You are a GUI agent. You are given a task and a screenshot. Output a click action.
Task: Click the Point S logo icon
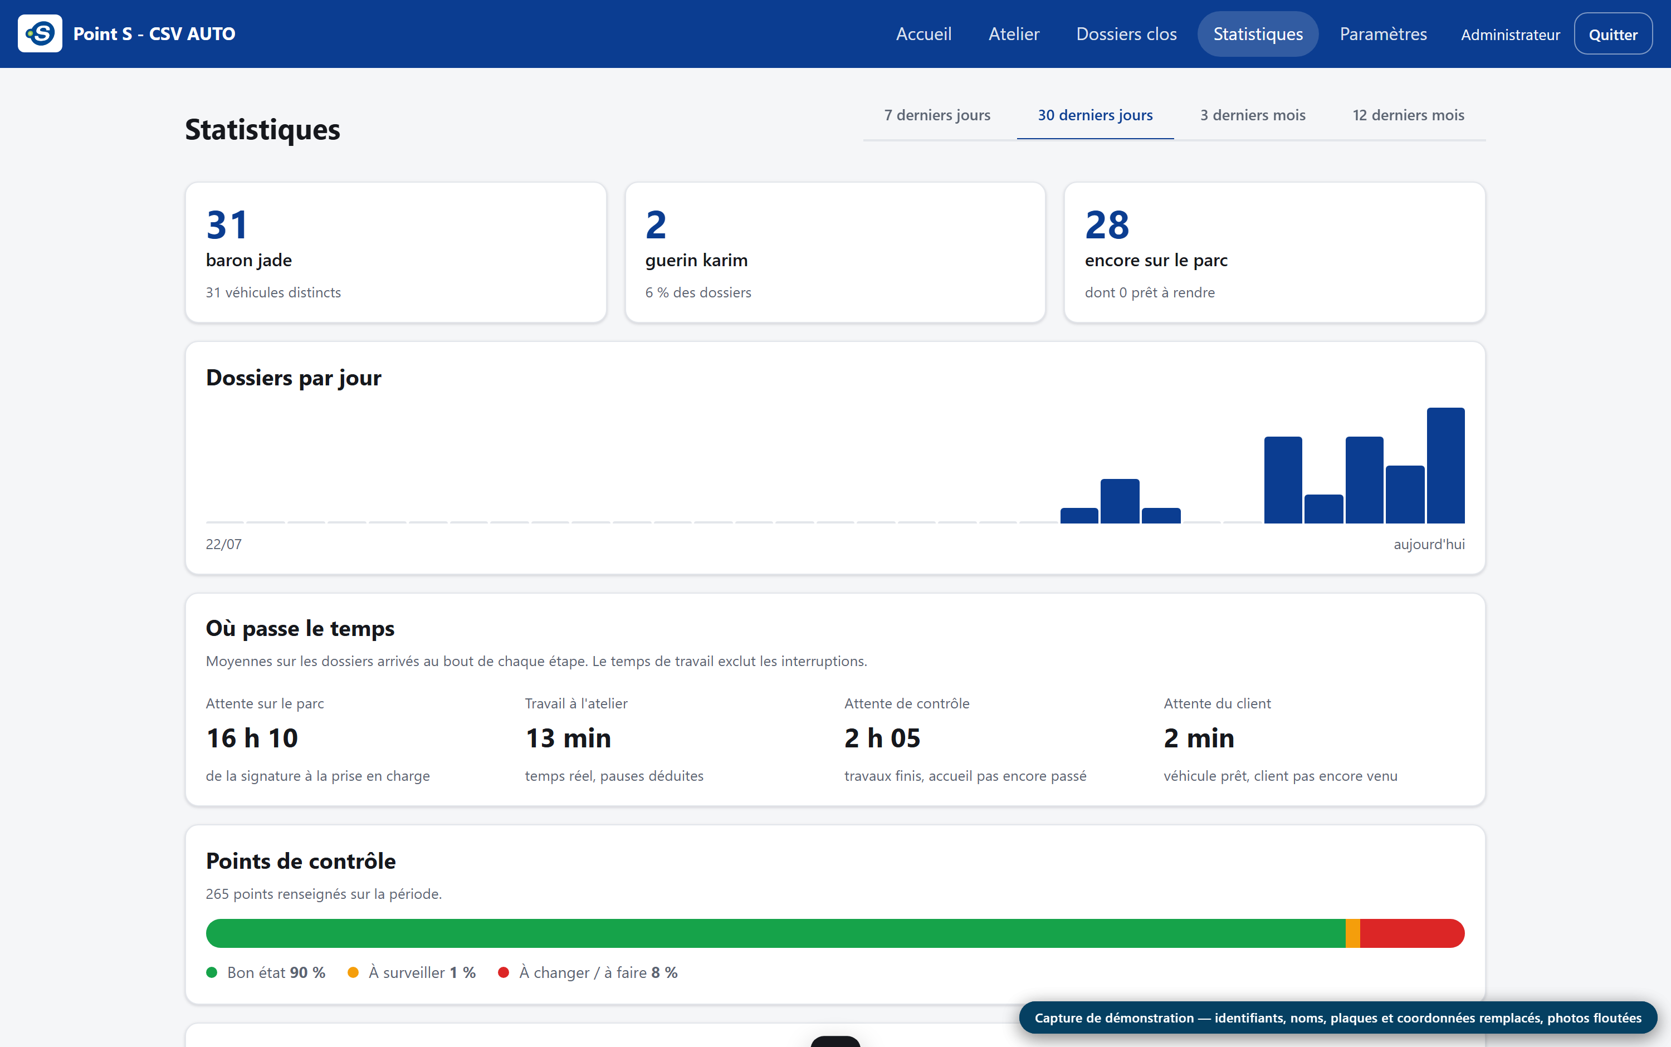[40, 33]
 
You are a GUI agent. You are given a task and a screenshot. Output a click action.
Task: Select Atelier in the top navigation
[1014, 34]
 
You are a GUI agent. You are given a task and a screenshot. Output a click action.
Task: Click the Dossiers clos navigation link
[1126, 34]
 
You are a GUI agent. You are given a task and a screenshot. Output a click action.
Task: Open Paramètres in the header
[1383, 34]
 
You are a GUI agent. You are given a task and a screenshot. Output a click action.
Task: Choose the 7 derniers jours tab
[937, 115]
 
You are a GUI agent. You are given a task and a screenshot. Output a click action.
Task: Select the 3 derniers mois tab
[1253, 115]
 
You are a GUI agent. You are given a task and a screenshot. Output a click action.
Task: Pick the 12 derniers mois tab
[1409, 115]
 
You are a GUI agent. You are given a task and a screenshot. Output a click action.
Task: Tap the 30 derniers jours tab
[1095, 115]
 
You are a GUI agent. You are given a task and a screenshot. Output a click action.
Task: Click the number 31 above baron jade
[227, 225]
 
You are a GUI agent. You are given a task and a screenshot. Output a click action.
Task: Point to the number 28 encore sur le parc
[1107, 225]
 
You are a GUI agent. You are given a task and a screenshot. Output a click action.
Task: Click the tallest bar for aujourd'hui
[1445, 466]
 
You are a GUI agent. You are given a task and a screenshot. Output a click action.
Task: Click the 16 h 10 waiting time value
[252, 738]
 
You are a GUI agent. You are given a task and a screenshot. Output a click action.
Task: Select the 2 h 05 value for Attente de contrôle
[882, 738]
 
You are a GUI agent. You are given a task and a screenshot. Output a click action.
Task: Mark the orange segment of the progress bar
[1352, 933]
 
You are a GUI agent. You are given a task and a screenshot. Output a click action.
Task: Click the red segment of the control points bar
[1412, 933]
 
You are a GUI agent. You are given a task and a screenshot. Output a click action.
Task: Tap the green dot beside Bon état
[212, 972]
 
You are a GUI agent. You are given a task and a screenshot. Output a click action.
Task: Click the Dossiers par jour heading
[294, 378]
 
